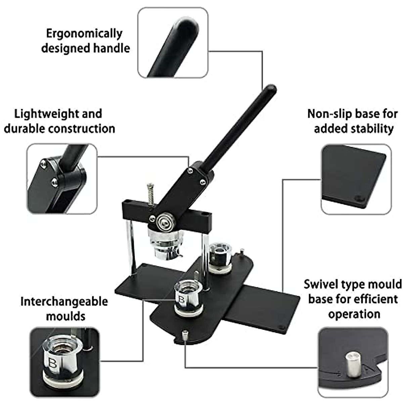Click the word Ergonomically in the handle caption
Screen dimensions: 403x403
[84, 34]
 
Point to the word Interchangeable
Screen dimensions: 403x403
[64, 301]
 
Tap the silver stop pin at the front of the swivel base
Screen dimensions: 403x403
[185, 336]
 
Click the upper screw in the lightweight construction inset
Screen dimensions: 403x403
[43, 164]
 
